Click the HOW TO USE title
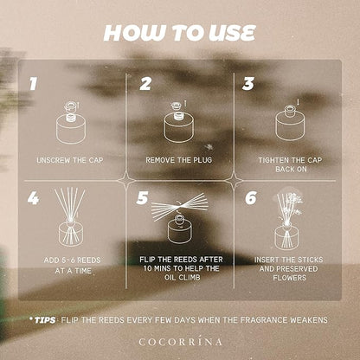click(x=179, y=33)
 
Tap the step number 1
click(x=34, y=84)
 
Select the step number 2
click(x=145, y=84)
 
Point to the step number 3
click(x=248, y=84)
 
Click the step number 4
click(x=33, y=198)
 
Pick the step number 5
click(x=142, y=198)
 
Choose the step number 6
click(x=251, y=198)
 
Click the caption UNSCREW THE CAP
click(x=70, y=160)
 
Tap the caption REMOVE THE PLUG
click(x=179, y=160)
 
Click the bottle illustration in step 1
click(x=71, y=122)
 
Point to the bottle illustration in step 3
click(x=291, y=122)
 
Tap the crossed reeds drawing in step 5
click(x=179, y=207)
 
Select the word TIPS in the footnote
click(x=45, y=320)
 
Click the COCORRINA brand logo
click(x=181, y=342)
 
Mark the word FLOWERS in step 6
click(x=290, y=278)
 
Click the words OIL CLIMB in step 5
click(x=178, y=278)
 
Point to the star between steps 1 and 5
click(x=126, y=181)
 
